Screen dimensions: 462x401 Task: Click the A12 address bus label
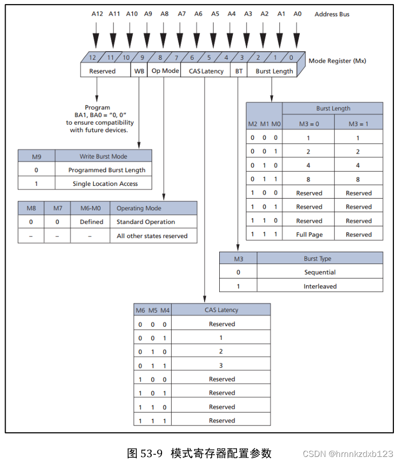[97, 14]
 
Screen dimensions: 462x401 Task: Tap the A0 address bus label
[298, 14]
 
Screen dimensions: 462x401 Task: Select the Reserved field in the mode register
[102, 71]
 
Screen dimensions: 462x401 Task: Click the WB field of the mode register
[139, 71]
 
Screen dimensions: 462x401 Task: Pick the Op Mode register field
[165, 71]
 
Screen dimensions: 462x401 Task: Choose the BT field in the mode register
[239, 71]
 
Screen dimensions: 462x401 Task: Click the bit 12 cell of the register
[92, 58]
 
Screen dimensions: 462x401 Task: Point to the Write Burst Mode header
[103, 156]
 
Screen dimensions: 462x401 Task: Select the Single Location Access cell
[105, 183]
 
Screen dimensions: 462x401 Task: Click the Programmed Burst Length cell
[107, 170]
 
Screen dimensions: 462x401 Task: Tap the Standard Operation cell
[146, 222]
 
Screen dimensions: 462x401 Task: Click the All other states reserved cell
[152, 236]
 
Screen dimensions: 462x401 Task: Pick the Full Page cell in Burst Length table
[309, 235]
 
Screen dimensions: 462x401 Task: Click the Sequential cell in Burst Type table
[319, 272]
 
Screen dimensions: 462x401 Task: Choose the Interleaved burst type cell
[319, 286]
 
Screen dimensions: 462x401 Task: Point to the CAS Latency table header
[221, 310]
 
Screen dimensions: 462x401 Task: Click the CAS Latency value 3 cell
[221, 365]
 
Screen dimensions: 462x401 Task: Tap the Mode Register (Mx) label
[337, 61]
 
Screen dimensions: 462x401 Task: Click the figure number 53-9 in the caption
[151, 453]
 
